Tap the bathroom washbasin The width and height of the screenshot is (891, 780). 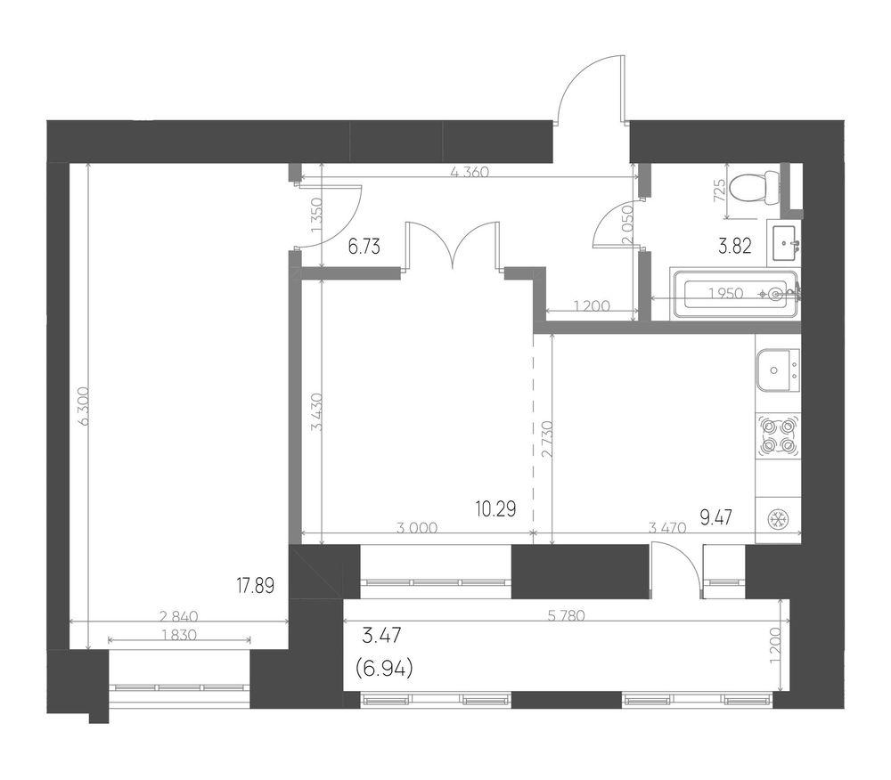787,240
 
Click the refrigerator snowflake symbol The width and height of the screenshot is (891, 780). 778,519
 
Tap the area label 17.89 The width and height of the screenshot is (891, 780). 255,585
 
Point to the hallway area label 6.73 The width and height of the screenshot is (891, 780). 364,248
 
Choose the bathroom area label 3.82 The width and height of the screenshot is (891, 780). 735,248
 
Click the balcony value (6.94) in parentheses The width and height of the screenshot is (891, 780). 381,665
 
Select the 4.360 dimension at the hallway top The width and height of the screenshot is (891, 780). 470,173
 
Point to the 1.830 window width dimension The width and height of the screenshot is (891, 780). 178,635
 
